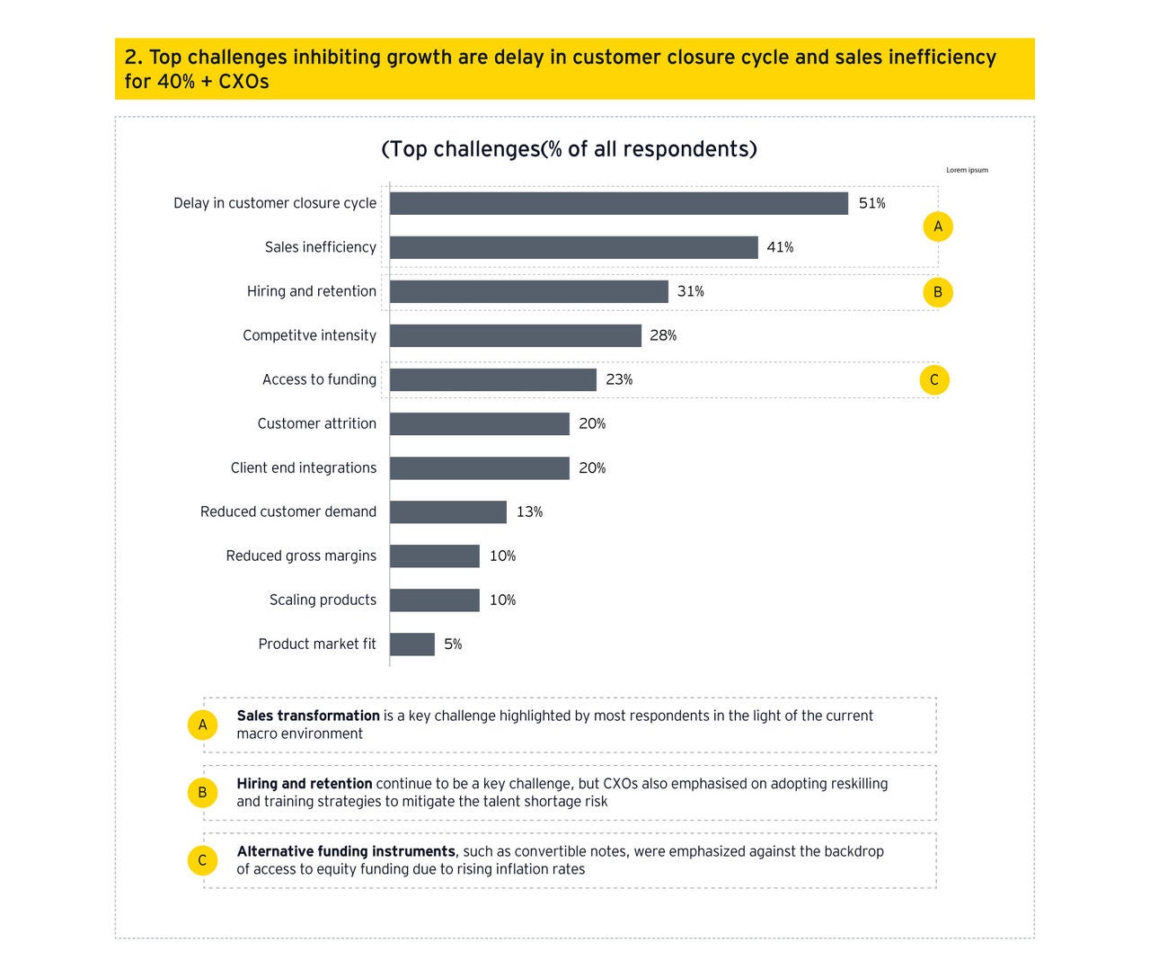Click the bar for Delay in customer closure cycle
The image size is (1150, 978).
[618, 203]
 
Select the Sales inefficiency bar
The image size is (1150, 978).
[573, 247]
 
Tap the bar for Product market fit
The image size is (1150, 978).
[411, 644]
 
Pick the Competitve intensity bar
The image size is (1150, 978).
[515, 335]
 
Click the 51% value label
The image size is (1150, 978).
[871, 203]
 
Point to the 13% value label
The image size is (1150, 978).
[529, 511]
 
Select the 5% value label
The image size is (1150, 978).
[453, 644]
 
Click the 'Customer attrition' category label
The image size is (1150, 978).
[316, 423]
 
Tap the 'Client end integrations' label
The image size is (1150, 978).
[303, 467]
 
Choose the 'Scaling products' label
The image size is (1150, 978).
[323, 600]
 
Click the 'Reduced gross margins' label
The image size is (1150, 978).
[301, 556]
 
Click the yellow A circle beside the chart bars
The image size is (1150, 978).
[937, 227]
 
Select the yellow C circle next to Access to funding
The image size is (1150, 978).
[933, 379]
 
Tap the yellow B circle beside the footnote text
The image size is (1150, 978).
[202, 792]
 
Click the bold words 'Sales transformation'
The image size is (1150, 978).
[308, 716]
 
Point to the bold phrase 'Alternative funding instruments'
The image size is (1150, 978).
[346, 851]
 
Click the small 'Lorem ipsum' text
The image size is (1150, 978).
[967, 170]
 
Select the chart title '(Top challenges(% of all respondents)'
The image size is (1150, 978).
[569, 149]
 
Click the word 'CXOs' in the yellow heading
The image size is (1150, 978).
[243, 81]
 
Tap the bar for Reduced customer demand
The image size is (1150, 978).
[447, 511]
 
